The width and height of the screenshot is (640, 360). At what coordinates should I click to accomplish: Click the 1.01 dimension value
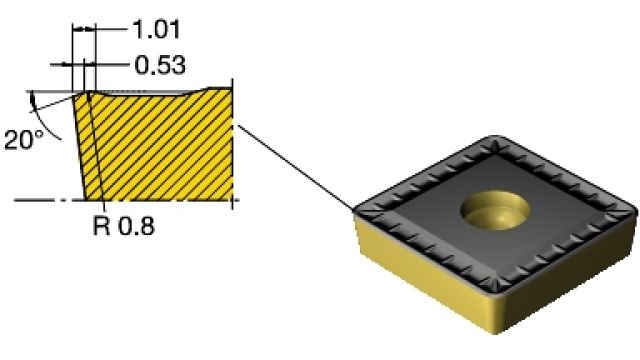(156, 29)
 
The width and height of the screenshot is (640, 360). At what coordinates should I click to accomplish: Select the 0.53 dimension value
(160, 65)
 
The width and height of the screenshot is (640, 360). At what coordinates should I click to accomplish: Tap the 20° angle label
(24, 140)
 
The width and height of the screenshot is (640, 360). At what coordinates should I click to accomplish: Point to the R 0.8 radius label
(124, 226)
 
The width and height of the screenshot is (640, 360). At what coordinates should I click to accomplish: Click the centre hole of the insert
(495, 209)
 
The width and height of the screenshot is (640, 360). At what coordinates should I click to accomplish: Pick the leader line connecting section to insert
(296, 167)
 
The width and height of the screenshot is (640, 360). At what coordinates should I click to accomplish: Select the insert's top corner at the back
(496, 139)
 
